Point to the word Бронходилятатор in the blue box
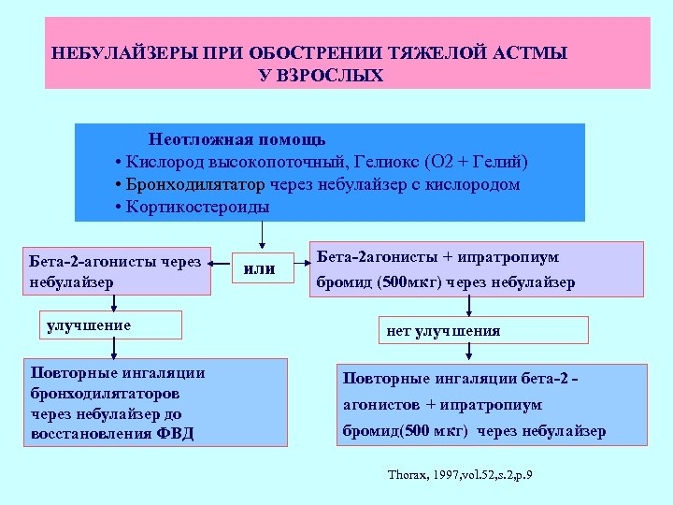(x=186, y=184)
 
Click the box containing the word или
(x=259, y=269)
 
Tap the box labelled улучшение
(x=116, y=325)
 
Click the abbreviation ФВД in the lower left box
(x=174, y=434)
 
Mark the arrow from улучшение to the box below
(x=113, y=349)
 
